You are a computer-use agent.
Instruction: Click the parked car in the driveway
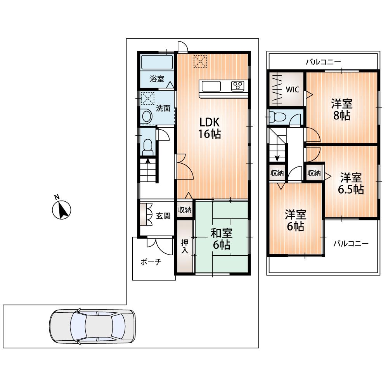click(92, 326)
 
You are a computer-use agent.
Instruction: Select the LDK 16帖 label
click(210, 128)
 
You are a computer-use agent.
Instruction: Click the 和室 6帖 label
click(222, 239)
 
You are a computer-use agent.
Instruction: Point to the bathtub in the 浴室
click(157, 62)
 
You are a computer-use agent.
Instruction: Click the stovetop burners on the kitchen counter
click(237, 86)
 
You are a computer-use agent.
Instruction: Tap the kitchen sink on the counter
click(210, 86)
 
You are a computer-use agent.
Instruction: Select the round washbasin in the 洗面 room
click(146, 116)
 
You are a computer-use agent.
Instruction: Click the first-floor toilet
click(147, 146)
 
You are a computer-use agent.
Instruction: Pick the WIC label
click(292, 89)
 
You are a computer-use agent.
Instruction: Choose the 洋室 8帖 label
click(341, 110)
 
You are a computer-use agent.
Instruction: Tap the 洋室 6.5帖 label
click(351, 184)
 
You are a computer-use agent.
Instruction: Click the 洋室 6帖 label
click(296, 220)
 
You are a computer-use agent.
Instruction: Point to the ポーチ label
click(151, 262)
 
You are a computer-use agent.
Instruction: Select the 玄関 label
click(163, 216)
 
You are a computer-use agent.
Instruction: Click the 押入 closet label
click(185, 246)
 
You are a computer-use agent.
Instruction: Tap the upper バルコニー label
click(323, 61)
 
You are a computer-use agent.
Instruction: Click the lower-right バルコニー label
click(351, 244)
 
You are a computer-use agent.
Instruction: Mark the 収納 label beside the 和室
click(185, 210)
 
